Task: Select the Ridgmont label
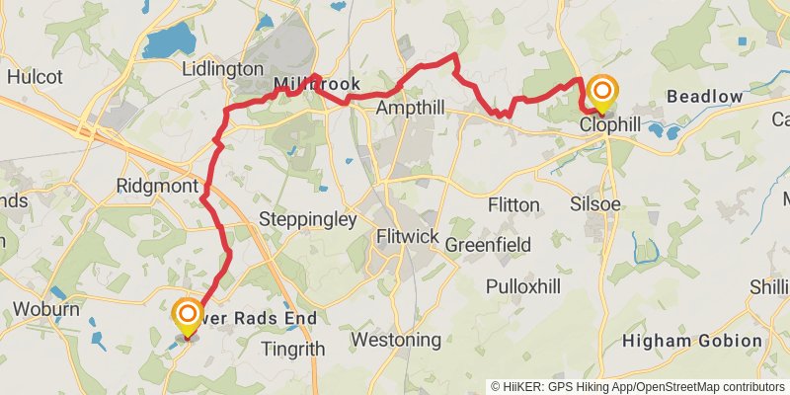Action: pyautogui.click(x=158, y=185)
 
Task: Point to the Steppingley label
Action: pyautogui.click(x=306, y=219)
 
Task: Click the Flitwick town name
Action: pyautogui.click(x=408, y=237)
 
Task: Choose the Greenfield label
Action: pyautogui.click(x=488, y=244)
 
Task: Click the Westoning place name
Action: pyautogui.click(x=396, y=340)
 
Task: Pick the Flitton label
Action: pyautogui.click(x=513, y=204)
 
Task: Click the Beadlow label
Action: pyautogui.click(x=704, y=96)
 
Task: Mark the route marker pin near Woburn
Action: pyautogui.click(x=185, y=317)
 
